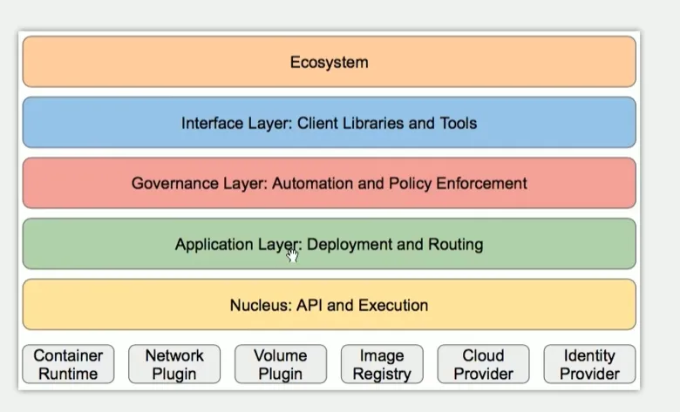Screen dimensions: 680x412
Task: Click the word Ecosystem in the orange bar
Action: (x=330, y=63)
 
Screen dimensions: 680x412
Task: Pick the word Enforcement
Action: (x=481, y=183)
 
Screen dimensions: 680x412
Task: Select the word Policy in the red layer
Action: (x=410, y=184)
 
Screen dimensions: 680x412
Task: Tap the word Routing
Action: (x=455, y=245)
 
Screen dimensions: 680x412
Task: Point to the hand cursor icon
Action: (x=293, y=256)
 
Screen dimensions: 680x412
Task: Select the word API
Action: (x=309, y=306)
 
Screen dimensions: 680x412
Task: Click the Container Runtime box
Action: (x=68, y=364)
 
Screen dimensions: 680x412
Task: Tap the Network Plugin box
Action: (x=174, y=364)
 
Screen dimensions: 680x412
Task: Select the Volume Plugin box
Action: (x=281, y=364)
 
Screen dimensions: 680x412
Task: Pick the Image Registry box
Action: (x=382, y=364)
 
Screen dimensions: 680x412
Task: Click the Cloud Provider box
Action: (x=483, y=364)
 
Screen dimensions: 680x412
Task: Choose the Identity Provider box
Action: (x=589, y=364)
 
